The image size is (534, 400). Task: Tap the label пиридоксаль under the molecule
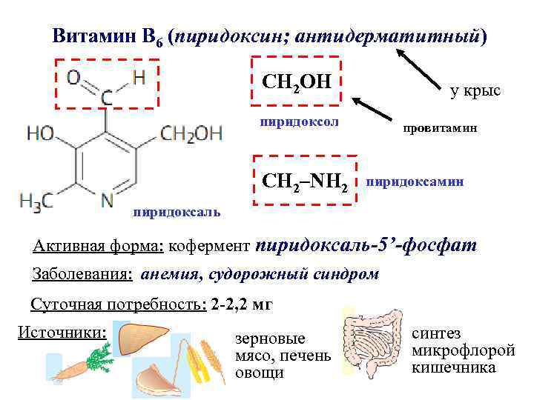(x=177, y=213)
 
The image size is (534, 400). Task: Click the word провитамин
(x=441, y=128)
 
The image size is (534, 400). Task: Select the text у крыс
(x=475, y=90)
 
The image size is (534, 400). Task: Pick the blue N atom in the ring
(x=108, y=199)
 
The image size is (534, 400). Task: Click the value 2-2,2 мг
(x=241, y=304)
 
